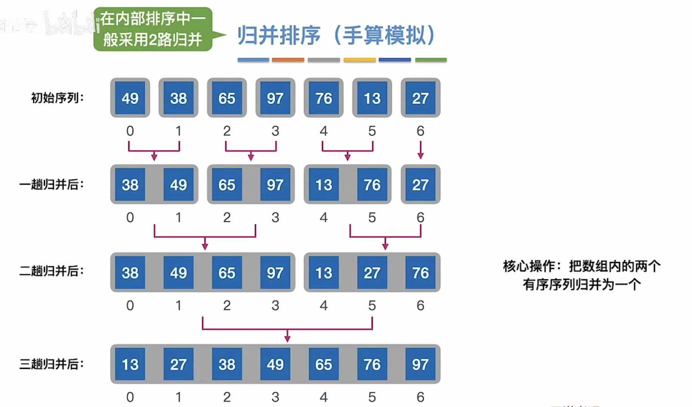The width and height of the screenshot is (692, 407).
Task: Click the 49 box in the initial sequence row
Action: pyautogui.click(x=130, y=98)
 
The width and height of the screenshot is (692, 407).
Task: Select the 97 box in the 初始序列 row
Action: pyautogui.click(x=275, y=98)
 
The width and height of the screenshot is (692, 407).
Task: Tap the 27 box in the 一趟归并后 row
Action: pyautogui.click(x=420, y=185)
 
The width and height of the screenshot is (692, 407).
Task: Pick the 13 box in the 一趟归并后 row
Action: pyautogui.click(x=324, y=185)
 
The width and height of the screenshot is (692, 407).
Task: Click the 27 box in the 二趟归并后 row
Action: pyautogui.click(x=372, y=273)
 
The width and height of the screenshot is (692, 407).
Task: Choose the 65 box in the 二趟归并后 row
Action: pyautogui.click(x=227, y=273)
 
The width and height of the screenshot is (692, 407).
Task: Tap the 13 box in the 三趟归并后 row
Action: pyautogui.click(x=130, y=364)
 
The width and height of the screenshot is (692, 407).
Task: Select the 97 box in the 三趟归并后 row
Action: pyautogui.click(x=420, y=364)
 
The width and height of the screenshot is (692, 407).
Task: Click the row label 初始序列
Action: pyautogui.click(x=57, y=98)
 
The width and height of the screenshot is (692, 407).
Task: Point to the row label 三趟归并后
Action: pyautogui.click(x=51, y=364)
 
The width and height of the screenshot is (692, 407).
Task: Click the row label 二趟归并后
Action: pyautogui.click(x=51, y=271)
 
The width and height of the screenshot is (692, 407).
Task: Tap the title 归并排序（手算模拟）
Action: pyautogui.click(x=337, y=35)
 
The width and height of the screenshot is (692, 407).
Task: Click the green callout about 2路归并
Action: pyautogui.click(x=153, y=29)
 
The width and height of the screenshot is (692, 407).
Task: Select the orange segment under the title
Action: pyautogui.click(x=288, y=60)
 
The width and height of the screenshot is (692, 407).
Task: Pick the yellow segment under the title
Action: pyautogui.click(x=359, y=60)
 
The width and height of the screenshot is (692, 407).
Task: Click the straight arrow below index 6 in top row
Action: pyautogui.click(x=420, y=150)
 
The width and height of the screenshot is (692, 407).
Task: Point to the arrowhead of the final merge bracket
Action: pyautogui.click(x=287, y=338)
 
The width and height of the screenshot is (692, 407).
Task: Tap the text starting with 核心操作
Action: pyautogui.click(x=582, y=275)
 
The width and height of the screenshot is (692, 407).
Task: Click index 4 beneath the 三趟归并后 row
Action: pyautogui.click(x=324, y=397)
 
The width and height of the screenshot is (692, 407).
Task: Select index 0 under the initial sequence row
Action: pyautogui.click(x=130, y=131)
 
